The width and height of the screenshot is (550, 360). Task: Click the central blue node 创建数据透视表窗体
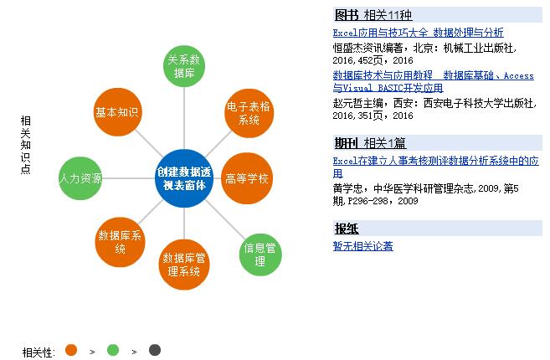coord(185,177)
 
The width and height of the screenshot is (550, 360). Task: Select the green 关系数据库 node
coord(183,66)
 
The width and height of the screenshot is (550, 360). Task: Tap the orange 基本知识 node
coord(117,112)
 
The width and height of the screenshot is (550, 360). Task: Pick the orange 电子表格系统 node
coord(249,114)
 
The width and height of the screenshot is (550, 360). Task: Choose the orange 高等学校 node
coord(248,177)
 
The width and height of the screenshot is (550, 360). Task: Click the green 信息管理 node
coord(260,254)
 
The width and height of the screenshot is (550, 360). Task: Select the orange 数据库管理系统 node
coord(184,264)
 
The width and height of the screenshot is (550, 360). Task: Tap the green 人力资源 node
coord(81,178)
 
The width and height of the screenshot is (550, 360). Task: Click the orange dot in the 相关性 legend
coord(70,350)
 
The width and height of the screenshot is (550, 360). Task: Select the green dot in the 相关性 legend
coord(113,350)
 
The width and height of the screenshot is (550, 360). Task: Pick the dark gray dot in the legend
coord(155,350)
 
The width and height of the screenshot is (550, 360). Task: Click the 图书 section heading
coord(347,15)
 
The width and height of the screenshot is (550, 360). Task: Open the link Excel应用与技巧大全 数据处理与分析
coord(418,33)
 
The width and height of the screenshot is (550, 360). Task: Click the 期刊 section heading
coord(347,142)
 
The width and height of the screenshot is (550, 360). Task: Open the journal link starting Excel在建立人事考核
coord(435,166)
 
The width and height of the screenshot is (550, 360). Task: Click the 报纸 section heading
coord(347,228)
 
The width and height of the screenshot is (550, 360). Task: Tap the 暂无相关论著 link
coord(362,245)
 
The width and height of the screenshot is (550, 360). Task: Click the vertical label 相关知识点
coord(25,145)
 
